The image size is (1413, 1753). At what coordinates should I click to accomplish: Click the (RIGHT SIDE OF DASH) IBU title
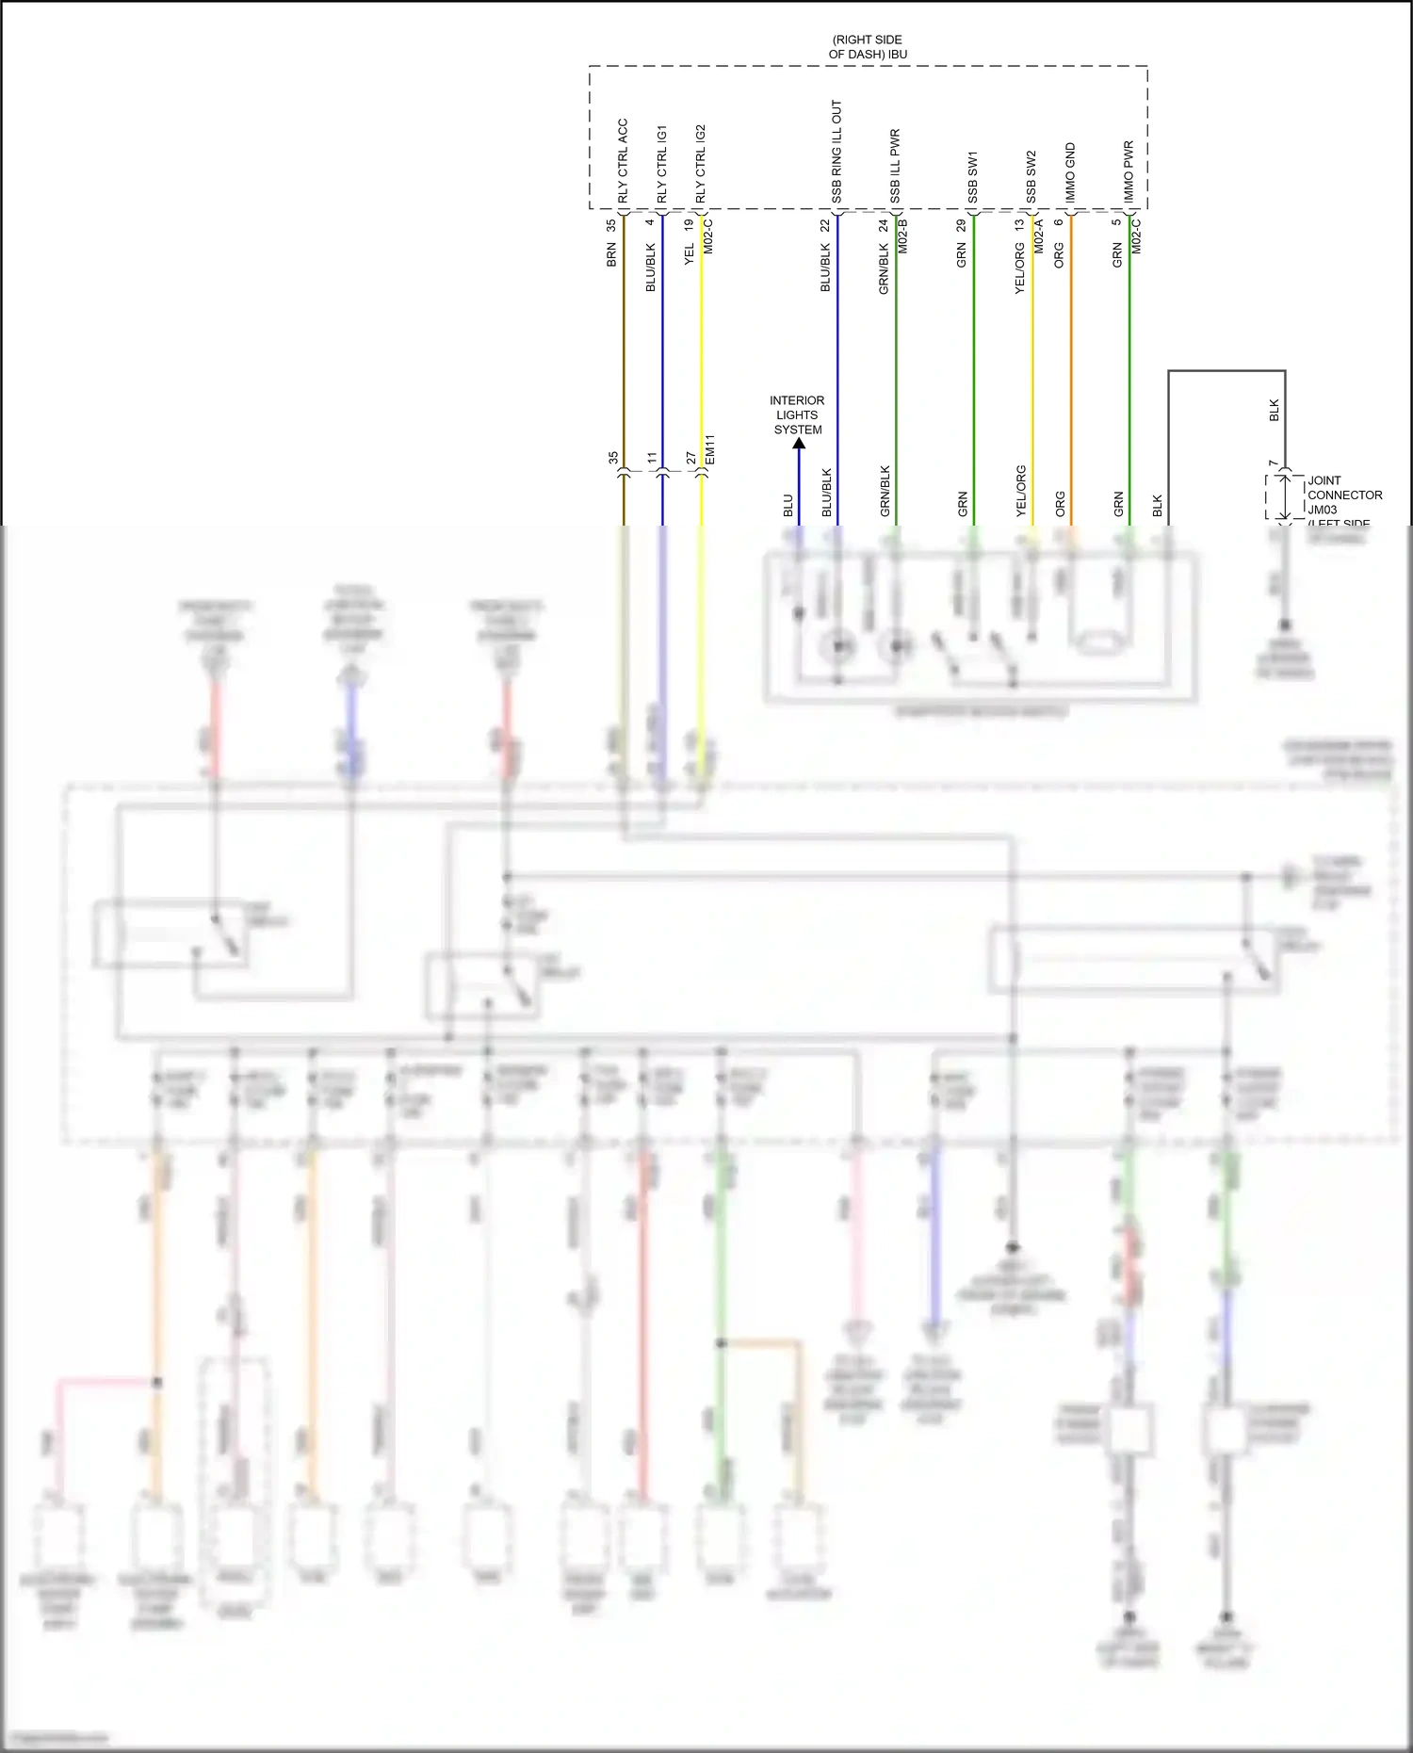pyautogui.click(x=868, y=47)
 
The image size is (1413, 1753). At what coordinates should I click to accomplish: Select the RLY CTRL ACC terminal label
pyautogui.click(x=623, y=160)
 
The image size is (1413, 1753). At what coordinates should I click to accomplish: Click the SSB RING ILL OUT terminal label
pyautogui.click(x=836, y=151)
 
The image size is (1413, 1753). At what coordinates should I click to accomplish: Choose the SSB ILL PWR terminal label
pyautogui.click(x=895, y=166)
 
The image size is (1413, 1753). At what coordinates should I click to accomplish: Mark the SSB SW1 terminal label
pyautogui.click(x=973, y=176)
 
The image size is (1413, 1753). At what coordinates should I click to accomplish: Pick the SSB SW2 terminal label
pyautogui.click(x=1031, y=176)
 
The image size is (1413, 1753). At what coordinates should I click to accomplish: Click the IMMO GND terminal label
pyautogui.click(x=1070, y=172)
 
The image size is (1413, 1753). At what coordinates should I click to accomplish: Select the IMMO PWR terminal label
pyautogui.click(x=1129, y=171)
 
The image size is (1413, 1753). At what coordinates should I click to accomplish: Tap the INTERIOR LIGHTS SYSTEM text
pyautogui.click(x=797, y=414)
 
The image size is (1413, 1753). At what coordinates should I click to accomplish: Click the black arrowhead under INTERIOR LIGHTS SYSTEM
pyautogui.click(x=799, y=444)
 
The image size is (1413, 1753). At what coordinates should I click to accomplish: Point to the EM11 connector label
pyautogui.click(x=711, y=448)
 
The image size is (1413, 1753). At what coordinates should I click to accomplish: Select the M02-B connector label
pyautogui.click(x=903, y=235)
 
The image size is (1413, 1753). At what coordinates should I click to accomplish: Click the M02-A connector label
pyautogui.click(x=1039, y=235)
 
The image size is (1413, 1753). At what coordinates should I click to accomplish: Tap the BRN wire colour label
pyautogui.click(x=611, y=254)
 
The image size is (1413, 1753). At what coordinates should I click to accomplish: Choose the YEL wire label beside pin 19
pyautogui.click(x=689, y=253)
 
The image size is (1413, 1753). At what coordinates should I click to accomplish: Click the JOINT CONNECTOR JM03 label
pyautogui.click(x=1344, y=495)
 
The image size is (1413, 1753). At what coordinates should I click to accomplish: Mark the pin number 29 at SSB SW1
pyautogui.click(x=961, y=226)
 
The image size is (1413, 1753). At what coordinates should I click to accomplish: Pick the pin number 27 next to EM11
pyautogui.click(x=690, y=458)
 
